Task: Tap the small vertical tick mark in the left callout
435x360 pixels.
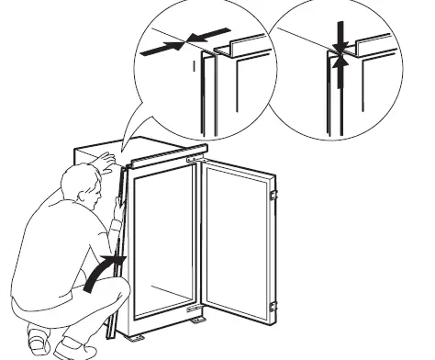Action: point(193,65)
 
